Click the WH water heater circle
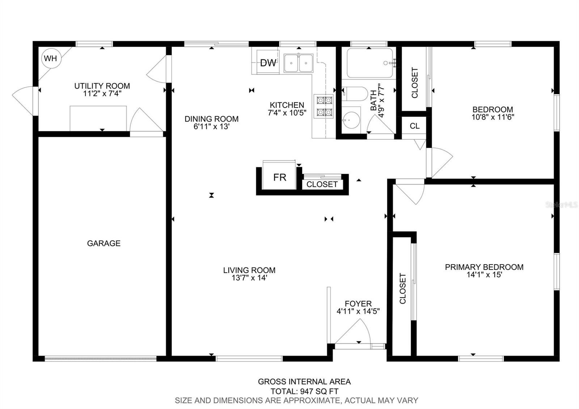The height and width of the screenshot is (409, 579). point(51,58)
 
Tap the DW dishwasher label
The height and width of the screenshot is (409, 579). point(268,63)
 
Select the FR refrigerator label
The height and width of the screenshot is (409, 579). point(280,177)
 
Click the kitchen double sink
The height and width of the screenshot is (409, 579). point(299,63)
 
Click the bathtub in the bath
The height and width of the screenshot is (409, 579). point(370,63)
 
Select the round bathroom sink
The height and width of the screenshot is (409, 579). point(351,120)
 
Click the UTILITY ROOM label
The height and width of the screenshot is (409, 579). point(102,86)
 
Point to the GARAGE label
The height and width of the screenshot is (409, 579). point(103,243)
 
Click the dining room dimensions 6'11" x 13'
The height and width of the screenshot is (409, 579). point(211,126)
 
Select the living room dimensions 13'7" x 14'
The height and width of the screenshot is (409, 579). point(249,278)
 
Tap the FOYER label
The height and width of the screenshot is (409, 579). point(358,304)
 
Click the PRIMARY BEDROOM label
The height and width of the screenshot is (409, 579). point(484,267)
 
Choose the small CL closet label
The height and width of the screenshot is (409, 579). point(415,126)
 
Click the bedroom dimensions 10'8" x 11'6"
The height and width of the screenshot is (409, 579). point(493,117)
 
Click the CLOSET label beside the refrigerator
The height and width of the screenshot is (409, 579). point(322,184)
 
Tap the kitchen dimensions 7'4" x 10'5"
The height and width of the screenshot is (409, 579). point(287,113)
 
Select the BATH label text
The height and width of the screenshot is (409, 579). point(373,100)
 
